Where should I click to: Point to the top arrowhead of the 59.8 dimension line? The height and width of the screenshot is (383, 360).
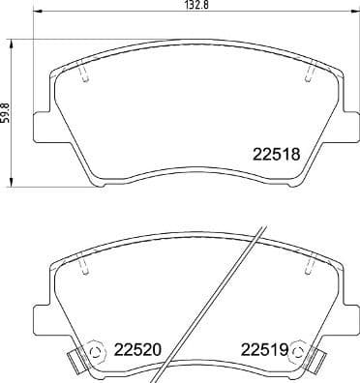point(14,42)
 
